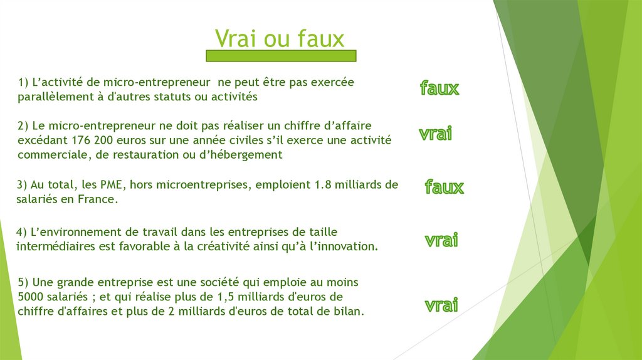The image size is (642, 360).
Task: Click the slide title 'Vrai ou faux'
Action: [280, 38]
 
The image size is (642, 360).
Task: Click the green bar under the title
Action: [281, 56]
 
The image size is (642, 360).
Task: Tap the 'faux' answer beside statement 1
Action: [439, 88]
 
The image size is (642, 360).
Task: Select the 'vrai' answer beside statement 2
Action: [436, 134]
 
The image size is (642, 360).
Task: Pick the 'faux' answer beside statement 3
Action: [444, 187]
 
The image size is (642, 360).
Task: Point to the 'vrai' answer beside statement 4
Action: [441, 240]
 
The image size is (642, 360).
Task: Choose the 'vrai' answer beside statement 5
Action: [441, 305]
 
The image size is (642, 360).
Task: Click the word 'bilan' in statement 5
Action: [348, 312]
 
